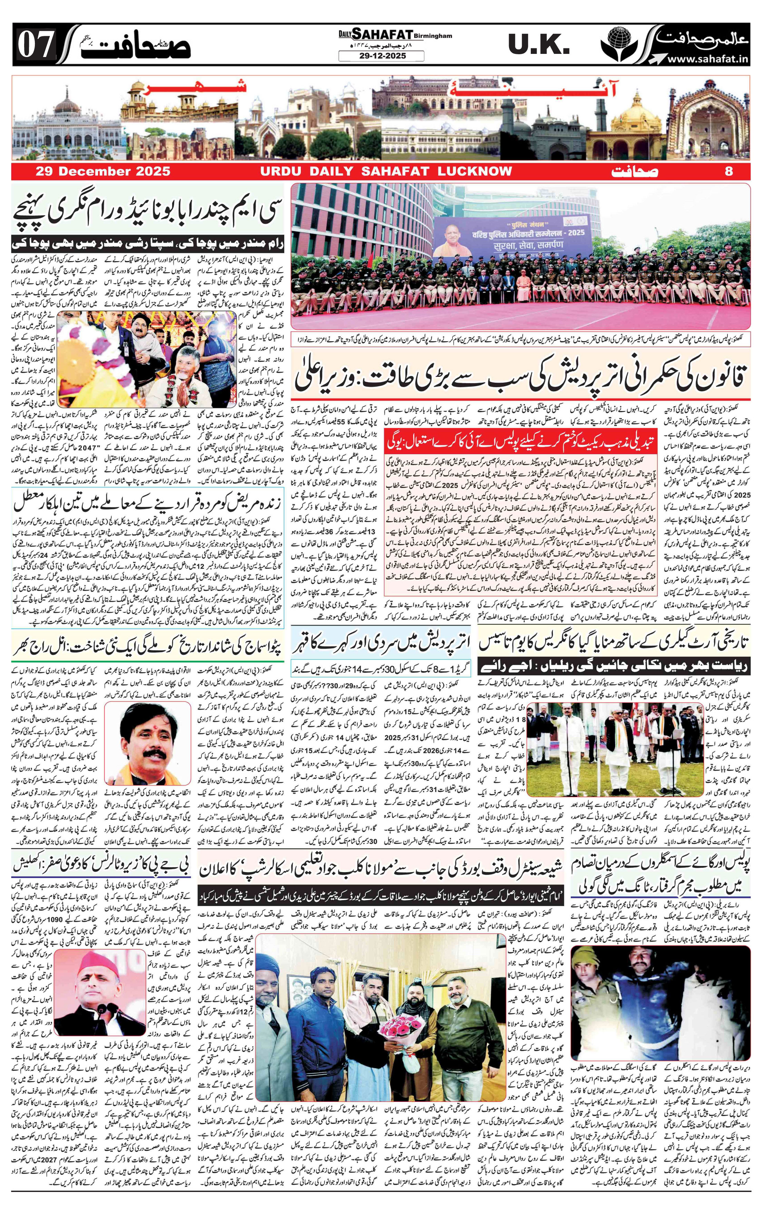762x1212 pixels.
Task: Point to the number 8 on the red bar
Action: (x=728, y=171)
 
